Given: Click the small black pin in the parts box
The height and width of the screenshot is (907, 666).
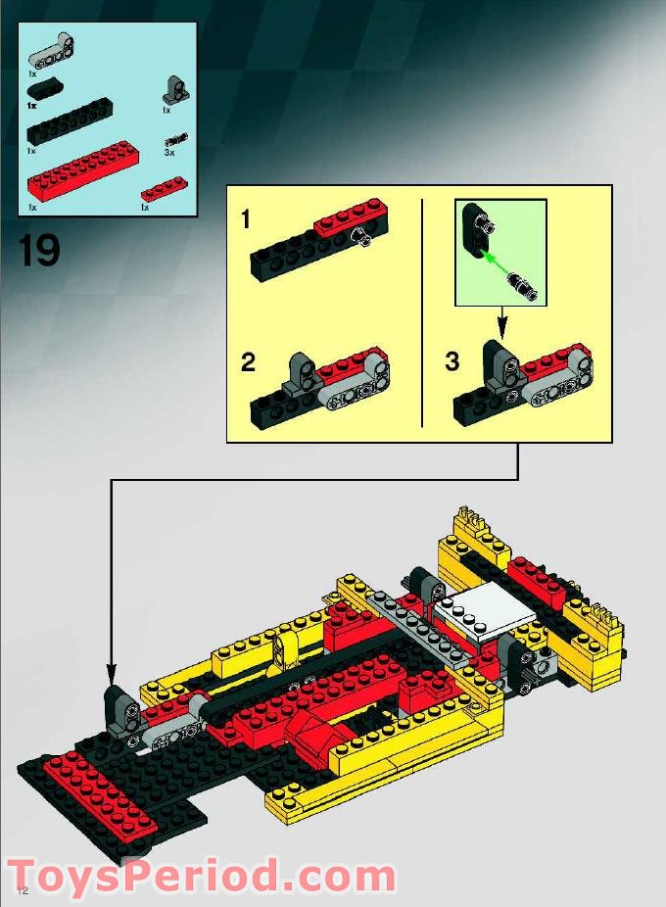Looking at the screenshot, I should (175, 140).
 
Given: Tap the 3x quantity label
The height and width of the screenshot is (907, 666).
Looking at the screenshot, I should (168, 153).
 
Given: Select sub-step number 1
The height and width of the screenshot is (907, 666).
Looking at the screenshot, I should (245, 220).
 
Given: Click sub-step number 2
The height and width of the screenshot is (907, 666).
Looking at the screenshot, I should (248, 362).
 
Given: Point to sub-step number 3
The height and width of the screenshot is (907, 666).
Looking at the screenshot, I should (452, 362).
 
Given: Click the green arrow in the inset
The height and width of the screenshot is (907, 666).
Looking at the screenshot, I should (500, 260).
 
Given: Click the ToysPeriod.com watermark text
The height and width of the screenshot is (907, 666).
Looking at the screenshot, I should (201, 874).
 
